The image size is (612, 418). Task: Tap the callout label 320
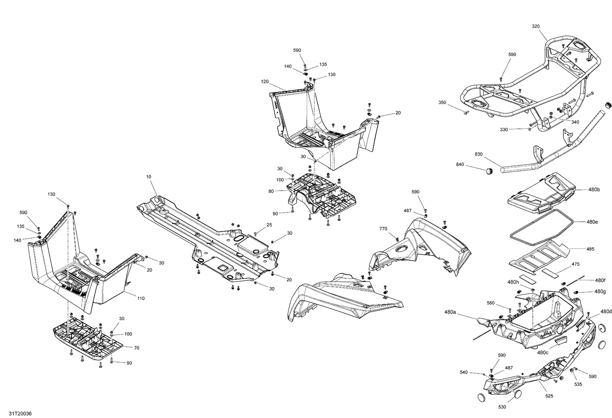[536, 26]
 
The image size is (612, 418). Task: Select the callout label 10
[149, 177]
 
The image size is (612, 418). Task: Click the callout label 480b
[594, 190]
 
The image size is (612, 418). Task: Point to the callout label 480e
[592, 222]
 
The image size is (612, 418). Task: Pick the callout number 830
[479, 154]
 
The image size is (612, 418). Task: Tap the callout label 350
[442, 102]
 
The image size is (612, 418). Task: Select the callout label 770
[383, 229]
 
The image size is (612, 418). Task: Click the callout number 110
[141, 299]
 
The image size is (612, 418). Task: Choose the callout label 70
[137, 348]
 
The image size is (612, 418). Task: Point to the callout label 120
[265, 81]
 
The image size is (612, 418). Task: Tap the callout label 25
[269, 224]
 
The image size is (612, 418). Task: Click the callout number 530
[502, 407]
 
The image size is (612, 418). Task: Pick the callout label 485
[590, 249]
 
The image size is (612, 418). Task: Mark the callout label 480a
[450, 312]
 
